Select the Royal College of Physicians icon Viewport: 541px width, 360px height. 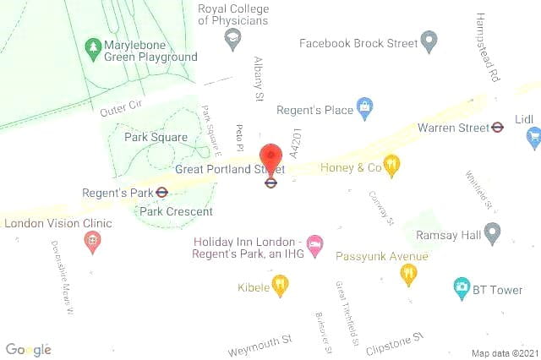coord(232,37)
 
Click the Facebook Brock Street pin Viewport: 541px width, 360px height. coord(429,40)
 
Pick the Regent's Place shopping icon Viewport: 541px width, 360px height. coord(364,108)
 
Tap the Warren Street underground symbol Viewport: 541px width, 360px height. coord(498,128)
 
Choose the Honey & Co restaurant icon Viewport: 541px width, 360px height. coord(391,165)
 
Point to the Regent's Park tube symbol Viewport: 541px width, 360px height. coord(161,193)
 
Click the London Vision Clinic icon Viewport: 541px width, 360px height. coord(92,241)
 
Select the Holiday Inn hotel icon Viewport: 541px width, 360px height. coord(314,245)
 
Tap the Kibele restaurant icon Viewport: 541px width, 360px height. coord(280,286)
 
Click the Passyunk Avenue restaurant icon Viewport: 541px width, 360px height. coord(408,273)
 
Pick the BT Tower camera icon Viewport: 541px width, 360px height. coord(462,289)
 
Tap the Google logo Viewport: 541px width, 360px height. coord(29,349)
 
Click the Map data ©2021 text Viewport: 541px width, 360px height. coord(504,352)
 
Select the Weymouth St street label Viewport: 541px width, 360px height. coord(260,345)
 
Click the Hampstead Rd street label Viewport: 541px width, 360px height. coord(489,47)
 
